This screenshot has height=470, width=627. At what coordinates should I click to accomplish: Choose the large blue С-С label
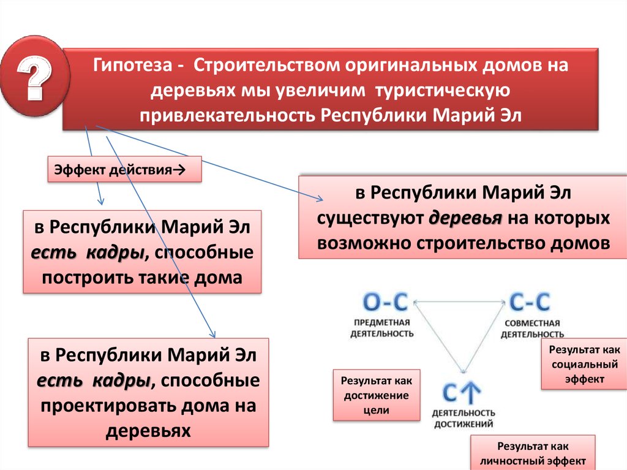pyautogui.click(x=530, y=303)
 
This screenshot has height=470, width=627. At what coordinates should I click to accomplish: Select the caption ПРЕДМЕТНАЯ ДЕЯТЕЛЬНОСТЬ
pyautogui.click(x=381, y=328)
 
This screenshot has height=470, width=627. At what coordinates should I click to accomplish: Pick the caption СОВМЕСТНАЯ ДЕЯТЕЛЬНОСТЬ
pyautogui.click(x=531, y=328)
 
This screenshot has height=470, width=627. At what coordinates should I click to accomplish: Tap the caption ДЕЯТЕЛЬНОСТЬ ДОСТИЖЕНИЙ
pyautogui.click(x=463, y=418)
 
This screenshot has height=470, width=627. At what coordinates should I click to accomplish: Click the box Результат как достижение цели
pyautogui.click(x=376, y=395)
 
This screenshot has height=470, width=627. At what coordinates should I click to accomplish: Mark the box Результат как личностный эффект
pyautogui.click(x=533, y=453)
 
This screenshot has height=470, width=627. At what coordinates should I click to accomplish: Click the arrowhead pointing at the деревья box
pyautogui.click(x=320, y=199)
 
